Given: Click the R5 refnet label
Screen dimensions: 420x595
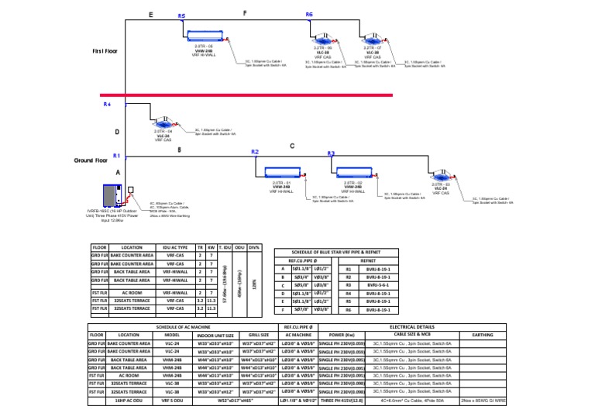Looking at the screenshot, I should click(x=181, y=15).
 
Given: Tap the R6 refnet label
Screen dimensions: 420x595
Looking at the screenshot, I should click(x=309, y=15).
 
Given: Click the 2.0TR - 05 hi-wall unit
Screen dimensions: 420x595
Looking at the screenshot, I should click(x=204, y=36).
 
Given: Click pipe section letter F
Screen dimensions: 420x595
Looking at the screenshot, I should click(x=245, y=14).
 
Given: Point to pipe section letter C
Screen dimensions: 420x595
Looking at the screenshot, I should click(x=292, y=146).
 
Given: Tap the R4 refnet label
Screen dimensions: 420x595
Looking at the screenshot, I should click(x=107, y=104).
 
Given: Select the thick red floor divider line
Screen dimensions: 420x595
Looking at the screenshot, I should click(x=248, y=95).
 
